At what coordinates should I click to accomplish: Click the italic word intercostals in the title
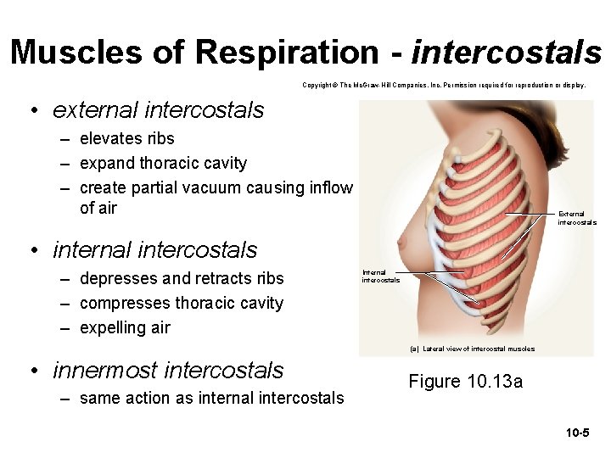507,53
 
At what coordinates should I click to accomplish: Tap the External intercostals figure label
577,218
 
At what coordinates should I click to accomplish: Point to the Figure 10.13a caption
466,382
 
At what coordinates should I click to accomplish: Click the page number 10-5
578,433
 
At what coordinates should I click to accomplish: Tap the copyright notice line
444,86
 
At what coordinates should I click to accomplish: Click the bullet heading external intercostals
158,110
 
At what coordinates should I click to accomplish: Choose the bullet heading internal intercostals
154,250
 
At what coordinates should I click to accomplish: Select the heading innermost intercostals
168,371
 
